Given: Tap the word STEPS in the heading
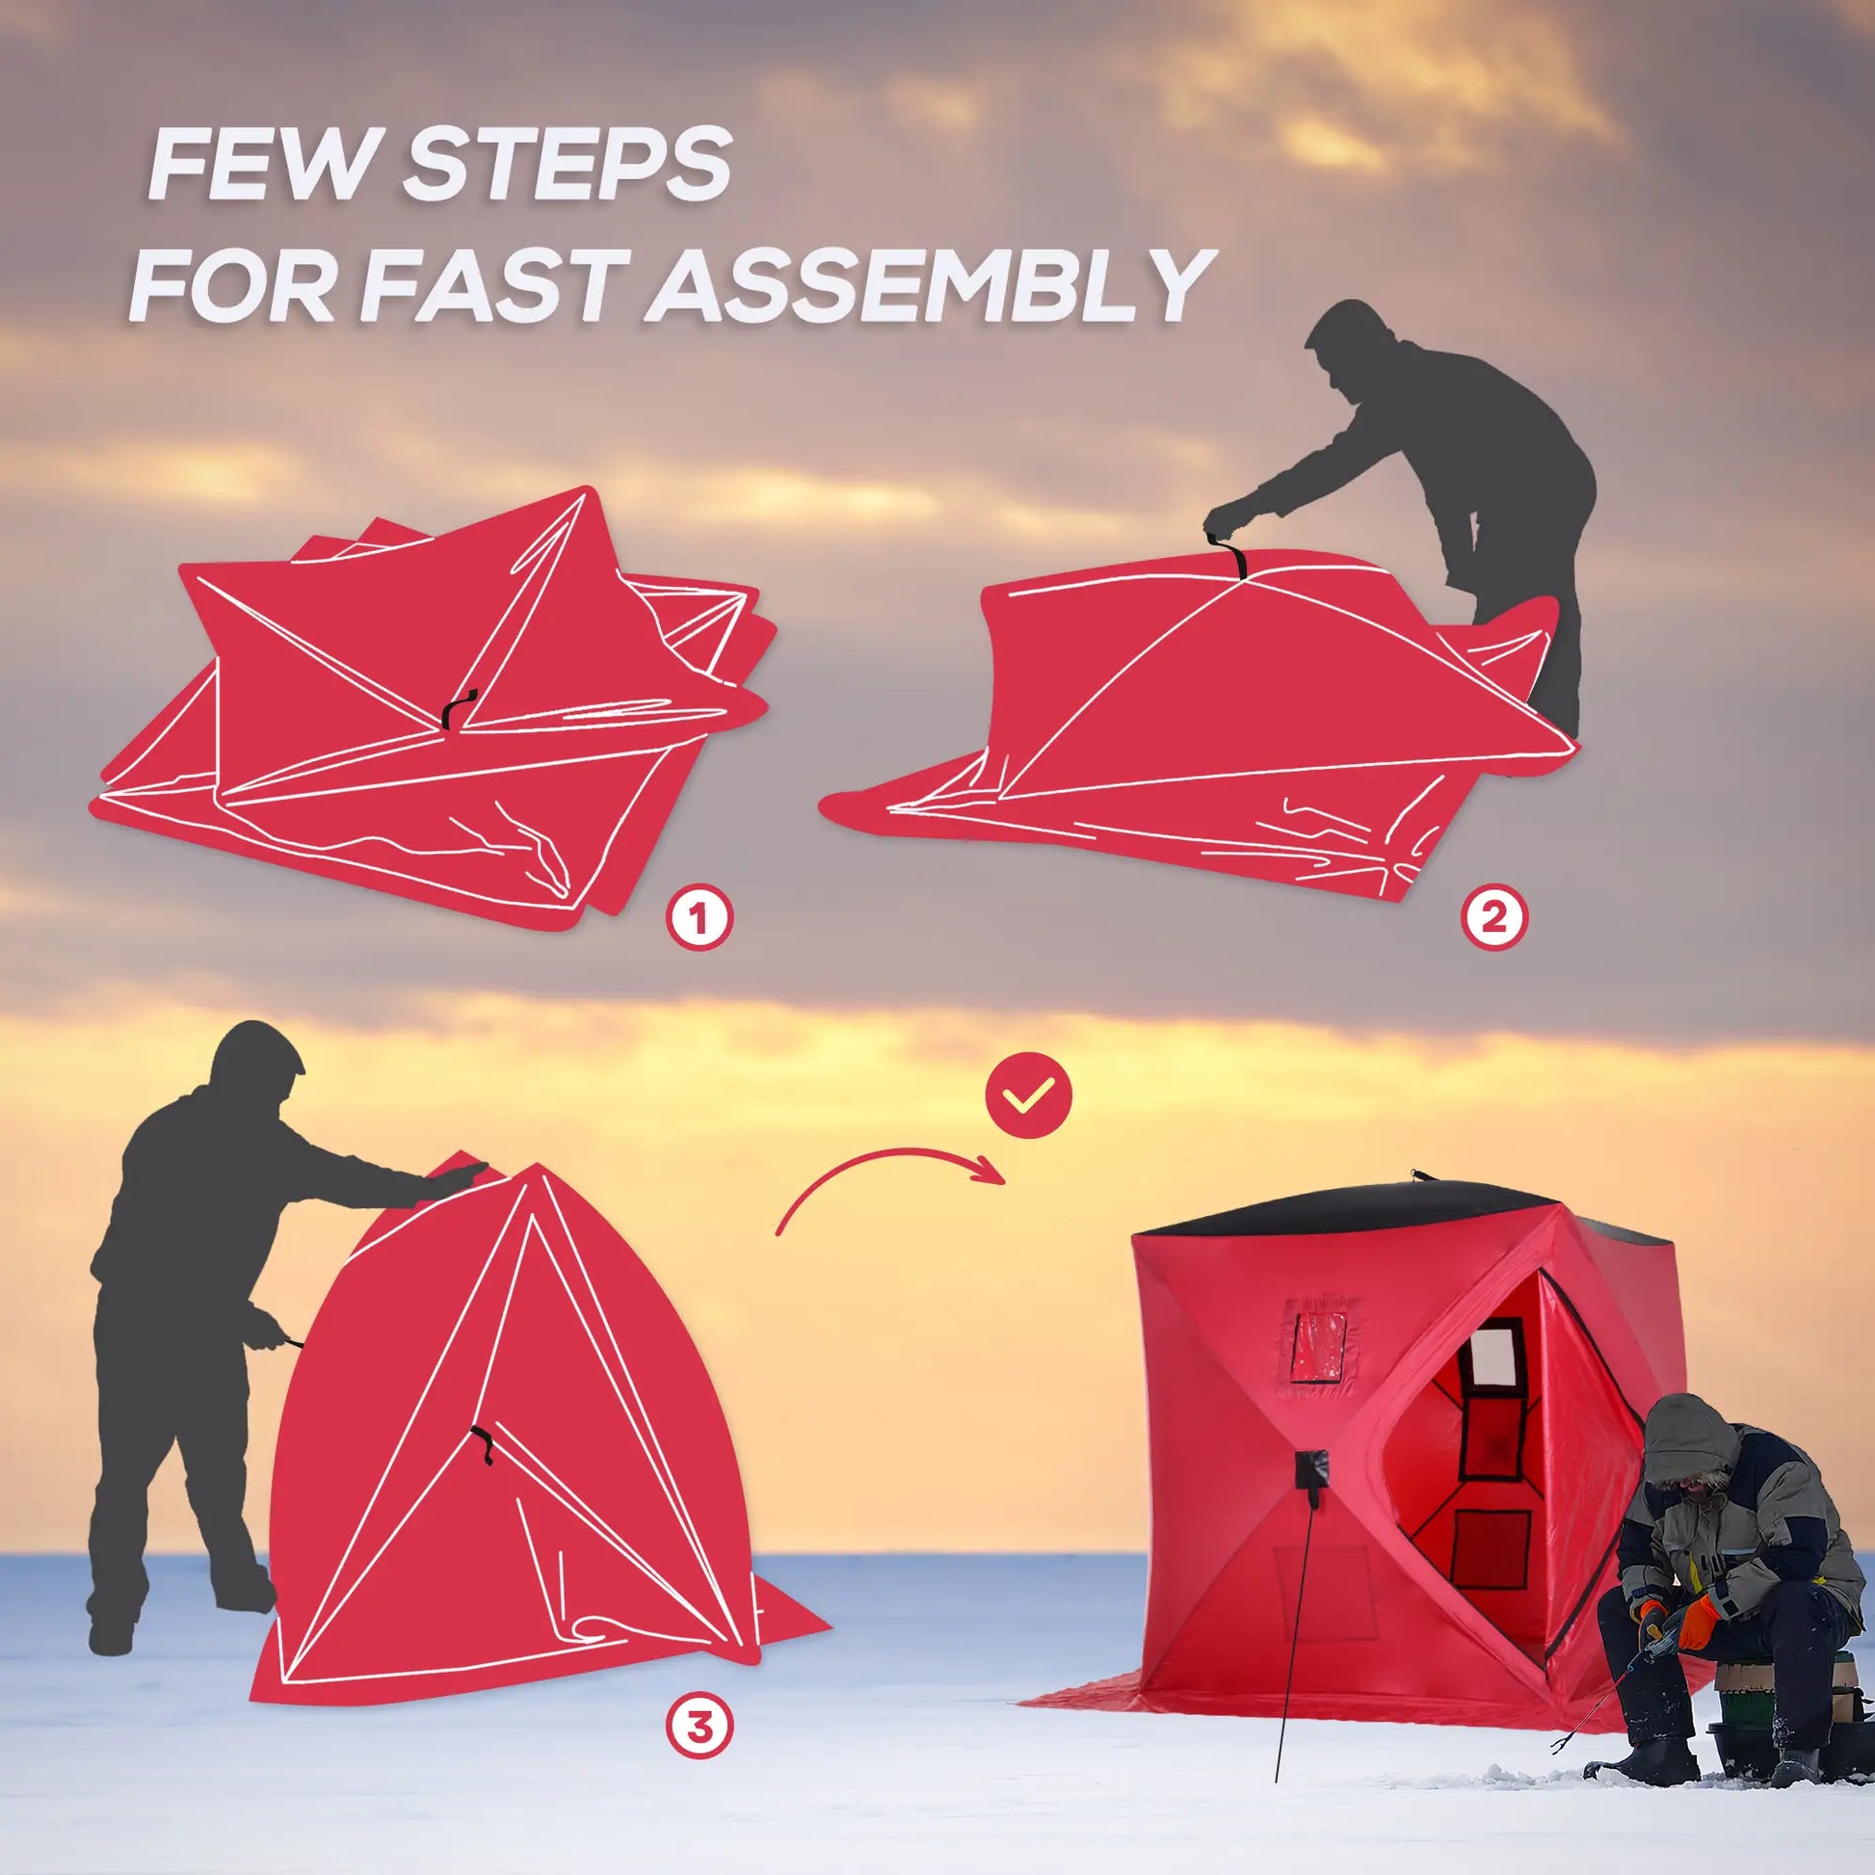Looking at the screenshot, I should pos(565,168).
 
